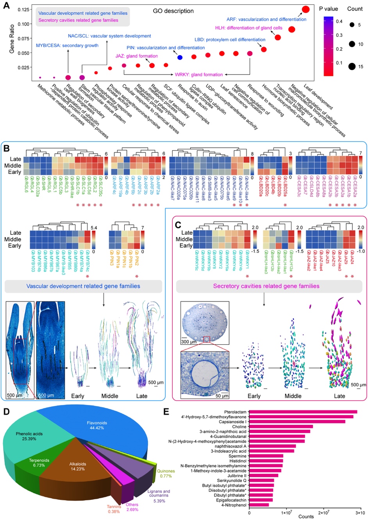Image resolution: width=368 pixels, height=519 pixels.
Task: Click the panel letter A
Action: tap(6, 6)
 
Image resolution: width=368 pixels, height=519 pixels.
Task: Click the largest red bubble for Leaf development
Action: tap(306, 9)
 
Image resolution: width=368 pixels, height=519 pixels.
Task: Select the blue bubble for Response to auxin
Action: tap(180, 57)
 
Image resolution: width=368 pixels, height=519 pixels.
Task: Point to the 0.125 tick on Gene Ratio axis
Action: tap(24, 9)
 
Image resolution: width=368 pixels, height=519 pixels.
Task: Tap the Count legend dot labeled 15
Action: tap(352, 66)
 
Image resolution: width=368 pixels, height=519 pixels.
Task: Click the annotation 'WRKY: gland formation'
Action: tap(199, 75)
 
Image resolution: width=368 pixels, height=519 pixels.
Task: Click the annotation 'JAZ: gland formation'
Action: tap(137, 56)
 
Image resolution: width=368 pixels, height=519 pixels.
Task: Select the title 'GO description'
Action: tap(173, 11)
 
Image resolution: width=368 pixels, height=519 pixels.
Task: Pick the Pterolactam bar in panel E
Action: tap(303, 412)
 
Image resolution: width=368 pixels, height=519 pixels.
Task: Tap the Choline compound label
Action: tap(239, 427)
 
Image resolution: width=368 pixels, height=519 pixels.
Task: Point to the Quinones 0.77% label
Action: tap(166, 474)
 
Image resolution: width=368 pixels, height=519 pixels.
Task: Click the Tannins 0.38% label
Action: tap(114, 509)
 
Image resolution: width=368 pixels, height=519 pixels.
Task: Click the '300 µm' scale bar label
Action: tap(189, 342)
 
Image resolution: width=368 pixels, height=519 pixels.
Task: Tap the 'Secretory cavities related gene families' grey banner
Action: tap(266, 286)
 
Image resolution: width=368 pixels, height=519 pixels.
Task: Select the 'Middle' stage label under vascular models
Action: tap(110, 396)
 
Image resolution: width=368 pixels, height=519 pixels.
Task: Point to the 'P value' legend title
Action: tap(329, 9)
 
